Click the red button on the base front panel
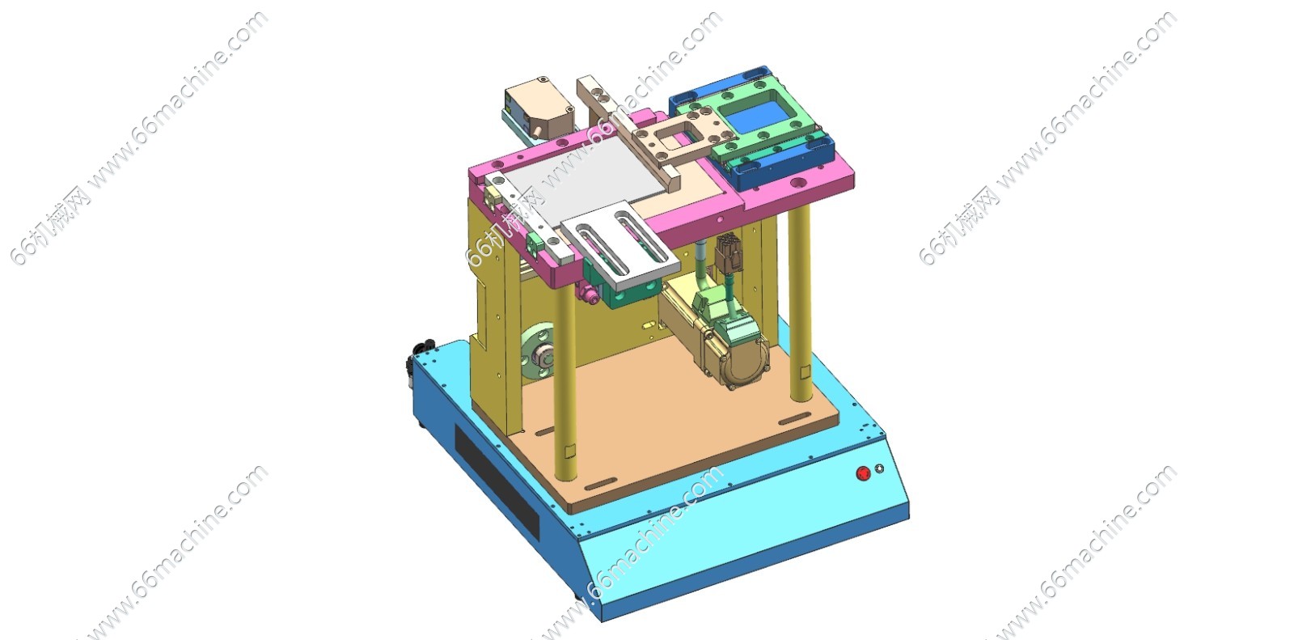point(863,473)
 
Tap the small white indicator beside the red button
point(879,468)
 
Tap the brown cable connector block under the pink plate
point(728,253)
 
